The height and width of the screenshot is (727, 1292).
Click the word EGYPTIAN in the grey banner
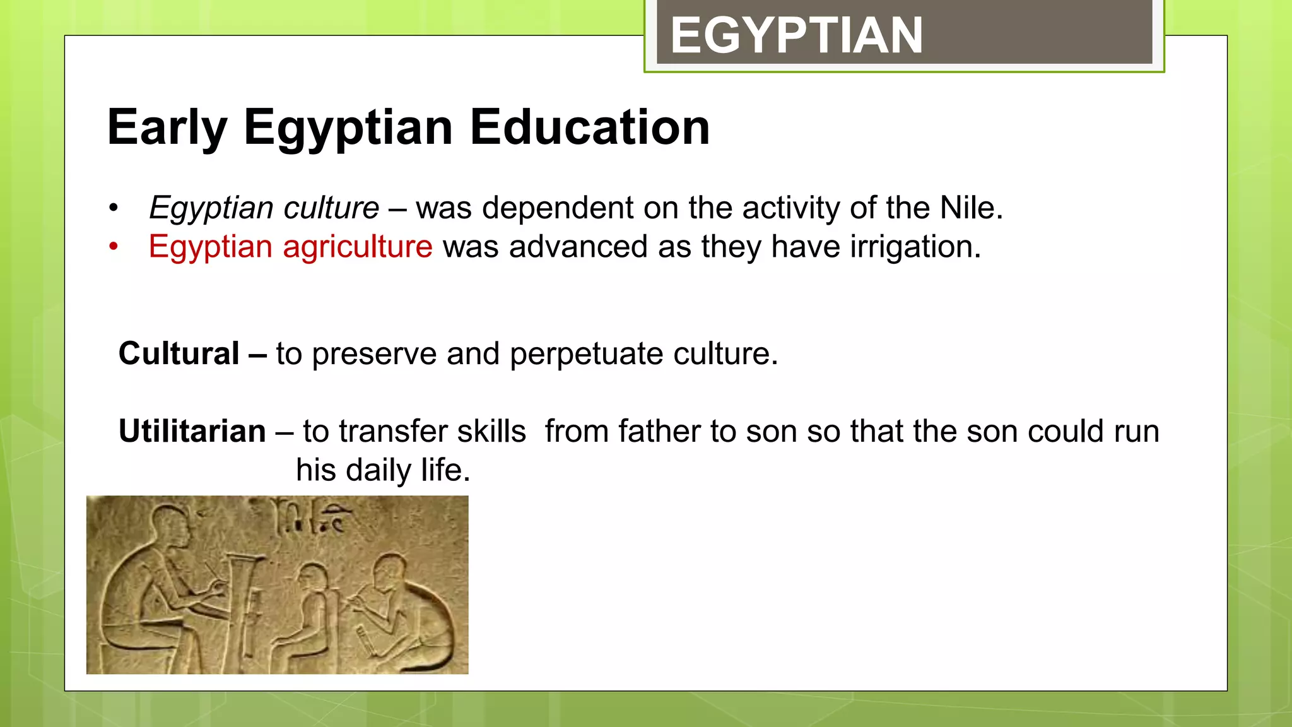[796, 36]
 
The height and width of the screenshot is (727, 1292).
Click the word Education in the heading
[590, 127]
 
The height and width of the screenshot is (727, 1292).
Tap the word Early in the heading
[167, 127]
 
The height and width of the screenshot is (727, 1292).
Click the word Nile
[970, 208]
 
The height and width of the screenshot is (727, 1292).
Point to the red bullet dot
[114, 247]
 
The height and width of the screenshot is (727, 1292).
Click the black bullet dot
[114, 208]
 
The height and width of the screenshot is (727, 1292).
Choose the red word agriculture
[357, 247]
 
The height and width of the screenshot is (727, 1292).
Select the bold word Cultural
[179, 353]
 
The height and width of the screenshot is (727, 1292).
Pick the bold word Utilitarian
[192, 432]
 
